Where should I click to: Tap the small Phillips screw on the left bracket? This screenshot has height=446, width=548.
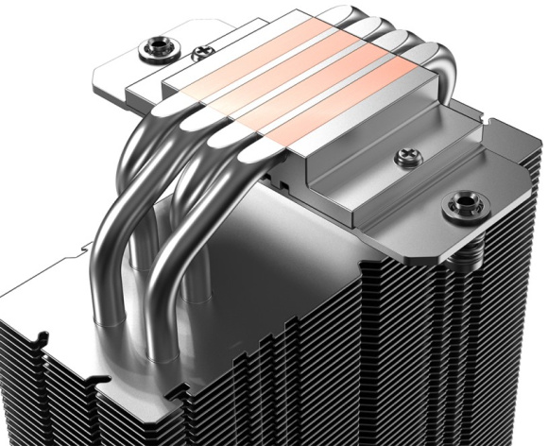201,55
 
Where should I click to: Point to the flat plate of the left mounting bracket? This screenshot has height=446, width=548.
123,71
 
